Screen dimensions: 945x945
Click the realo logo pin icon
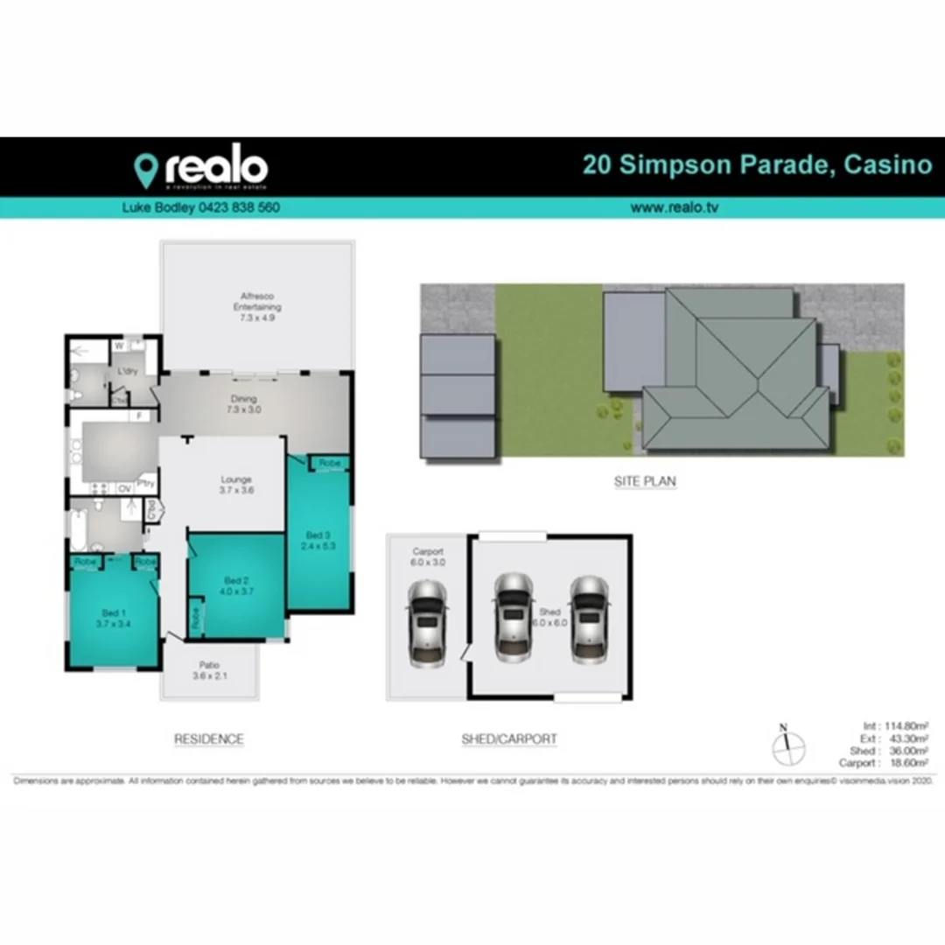point(145,169)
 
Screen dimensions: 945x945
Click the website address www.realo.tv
point(674,208)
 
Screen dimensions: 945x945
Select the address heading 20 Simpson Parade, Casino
point(758,164)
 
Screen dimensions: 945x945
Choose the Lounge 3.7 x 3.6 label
point(236,485)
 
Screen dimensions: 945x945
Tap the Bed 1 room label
point(111,617)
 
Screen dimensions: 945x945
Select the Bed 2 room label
point(237,586)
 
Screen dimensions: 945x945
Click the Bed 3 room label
point(318,540)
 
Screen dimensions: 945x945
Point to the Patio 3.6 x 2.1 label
point(208,670)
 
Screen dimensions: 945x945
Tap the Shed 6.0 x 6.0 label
point(549,617)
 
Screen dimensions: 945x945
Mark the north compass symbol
point(787,746)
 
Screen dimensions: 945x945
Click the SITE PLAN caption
point(645,481)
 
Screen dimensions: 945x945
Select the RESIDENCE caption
point(208,739)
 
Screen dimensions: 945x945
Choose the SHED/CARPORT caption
point(509,739)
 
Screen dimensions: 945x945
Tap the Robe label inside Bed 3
point(329,462)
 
